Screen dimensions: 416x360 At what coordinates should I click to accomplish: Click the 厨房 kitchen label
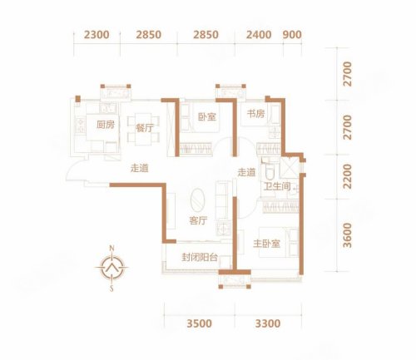[x=106, y=125]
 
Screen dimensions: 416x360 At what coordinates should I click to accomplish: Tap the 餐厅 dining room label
[x=145, y=128]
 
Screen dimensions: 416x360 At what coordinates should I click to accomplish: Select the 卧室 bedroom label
[x=207, y=116]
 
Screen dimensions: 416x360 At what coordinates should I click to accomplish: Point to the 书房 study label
[x=255, y=113]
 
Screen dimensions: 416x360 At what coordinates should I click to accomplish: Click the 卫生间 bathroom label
[x=277, y=186]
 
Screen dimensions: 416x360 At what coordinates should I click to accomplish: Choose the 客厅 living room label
[x=198, y=220]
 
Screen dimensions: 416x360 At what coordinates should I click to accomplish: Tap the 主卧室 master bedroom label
[x=266, y=244]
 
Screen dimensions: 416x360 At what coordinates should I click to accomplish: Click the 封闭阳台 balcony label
[x=200, y=258]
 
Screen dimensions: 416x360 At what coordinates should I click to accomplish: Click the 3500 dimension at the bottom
[x=200, y=323]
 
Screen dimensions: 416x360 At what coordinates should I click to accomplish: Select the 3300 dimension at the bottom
[x=268, y=323]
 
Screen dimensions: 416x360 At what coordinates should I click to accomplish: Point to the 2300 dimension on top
[x=97, y=35]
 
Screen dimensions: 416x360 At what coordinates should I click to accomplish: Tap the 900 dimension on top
[x=292, y=35]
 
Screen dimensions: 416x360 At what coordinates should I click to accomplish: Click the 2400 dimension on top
[x=259, y=35]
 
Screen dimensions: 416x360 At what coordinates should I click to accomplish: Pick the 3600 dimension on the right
[x=347, y=235]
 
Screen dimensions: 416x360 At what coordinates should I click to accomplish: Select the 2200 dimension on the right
[x=347, y=176]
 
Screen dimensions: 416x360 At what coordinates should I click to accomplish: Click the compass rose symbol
[x=111, y=268]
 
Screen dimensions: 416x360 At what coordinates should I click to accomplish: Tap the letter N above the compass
[x=111, y=248]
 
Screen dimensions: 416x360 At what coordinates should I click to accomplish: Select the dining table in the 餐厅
[x=143, y=129]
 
